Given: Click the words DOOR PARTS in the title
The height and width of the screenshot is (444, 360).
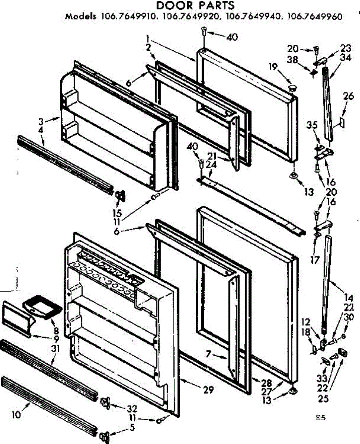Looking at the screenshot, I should (x=195, y=6).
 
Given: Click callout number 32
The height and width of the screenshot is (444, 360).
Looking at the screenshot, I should (x=132, y=409).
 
